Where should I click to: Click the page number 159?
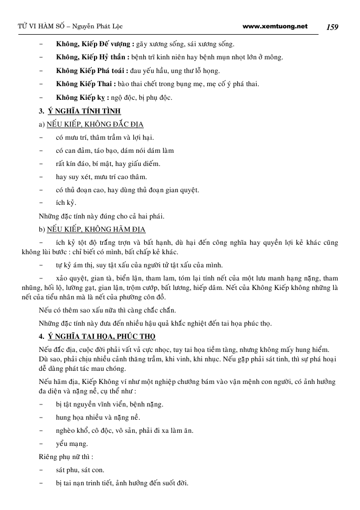pyautogui.click(x=332, y=27)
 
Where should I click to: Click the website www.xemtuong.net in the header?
pyautogui.click(x=276, y=26)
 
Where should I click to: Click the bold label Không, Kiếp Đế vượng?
pyautogui.click(x=94, y=44)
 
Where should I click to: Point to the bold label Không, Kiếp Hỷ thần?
pyautogui.click(x=90, y=57)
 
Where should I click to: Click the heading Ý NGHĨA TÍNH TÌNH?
pyautogui.click(x=84, y=111)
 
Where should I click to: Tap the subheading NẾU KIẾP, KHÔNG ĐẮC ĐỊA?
pyautogui.click(x=95, y=124)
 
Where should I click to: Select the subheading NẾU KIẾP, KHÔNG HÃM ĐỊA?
pyautogui.click(x=96, y=230)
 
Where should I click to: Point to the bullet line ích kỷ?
pyautogui.click(x=66, y=203)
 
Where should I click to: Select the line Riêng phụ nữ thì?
pyautogui.click(x=66, y=457)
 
